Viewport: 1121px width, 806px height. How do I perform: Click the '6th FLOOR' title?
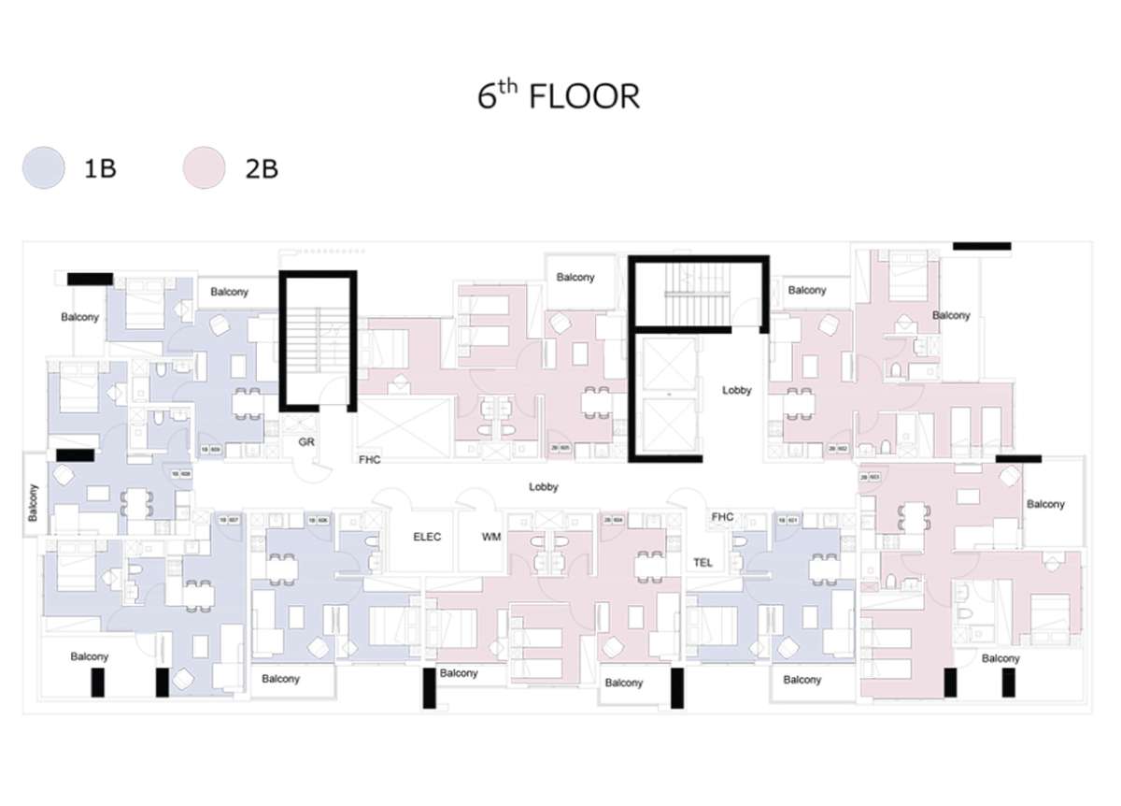coord(559,96)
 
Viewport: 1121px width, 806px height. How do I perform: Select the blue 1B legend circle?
coord(44,169)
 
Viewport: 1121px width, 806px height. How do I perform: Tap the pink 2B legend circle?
coord(204,169)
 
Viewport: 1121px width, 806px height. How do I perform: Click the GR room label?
coord(305,440)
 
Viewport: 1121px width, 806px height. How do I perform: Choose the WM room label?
coord(491,538)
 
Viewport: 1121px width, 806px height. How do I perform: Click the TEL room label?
coord(703,563)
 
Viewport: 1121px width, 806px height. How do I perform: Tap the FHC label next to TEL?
coord(722,517)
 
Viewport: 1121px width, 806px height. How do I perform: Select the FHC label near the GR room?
coord(369,460)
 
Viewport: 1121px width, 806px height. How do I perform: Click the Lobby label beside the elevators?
coord(736,390)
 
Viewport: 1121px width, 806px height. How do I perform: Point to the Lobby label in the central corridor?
coord(543,487)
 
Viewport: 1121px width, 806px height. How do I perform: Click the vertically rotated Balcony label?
coord(34,502)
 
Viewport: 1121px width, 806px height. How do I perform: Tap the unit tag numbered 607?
coord(229,520)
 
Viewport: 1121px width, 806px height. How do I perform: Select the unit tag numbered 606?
coord(319,520)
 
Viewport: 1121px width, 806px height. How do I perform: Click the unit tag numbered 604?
coord(614,520)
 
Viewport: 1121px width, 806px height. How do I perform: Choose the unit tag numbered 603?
coord(871,477)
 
